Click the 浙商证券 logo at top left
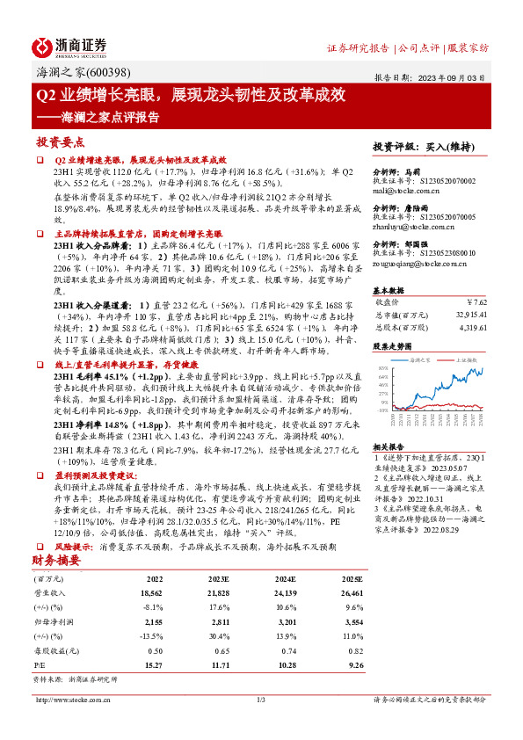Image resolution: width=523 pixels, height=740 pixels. point(69,46)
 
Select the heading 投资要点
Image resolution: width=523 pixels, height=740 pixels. point(60,141)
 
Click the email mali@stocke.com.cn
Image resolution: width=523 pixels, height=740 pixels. point(404,189)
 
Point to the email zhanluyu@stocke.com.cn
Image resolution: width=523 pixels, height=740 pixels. point(411,226)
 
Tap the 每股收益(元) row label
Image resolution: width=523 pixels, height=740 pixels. point(55,651)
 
